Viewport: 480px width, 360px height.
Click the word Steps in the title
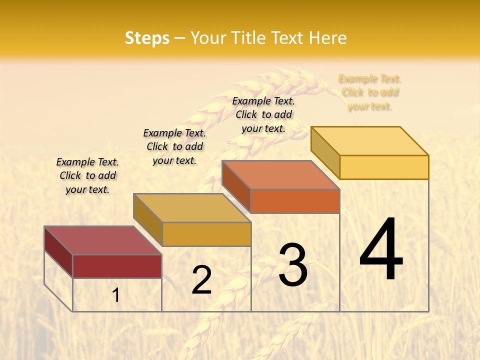[x=147, y=38]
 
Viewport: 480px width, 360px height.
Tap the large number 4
[x=381, y=250]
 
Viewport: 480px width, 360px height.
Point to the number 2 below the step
[x=201, y=280]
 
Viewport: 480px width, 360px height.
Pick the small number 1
[x=116, y=295]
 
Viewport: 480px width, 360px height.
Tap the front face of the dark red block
[x=117, y=266]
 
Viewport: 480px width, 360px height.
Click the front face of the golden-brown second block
[x=206, y=234]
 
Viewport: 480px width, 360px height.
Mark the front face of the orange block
[x=295, y=201]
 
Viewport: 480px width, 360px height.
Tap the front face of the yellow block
[x=384, y=167]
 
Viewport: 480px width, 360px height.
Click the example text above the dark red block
[x=87, y=175]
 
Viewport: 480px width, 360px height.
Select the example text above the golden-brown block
[x=174, y=146]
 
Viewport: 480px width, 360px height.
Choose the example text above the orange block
[x=263, y=114]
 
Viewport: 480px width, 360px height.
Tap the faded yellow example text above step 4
[x=370, y=92]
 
